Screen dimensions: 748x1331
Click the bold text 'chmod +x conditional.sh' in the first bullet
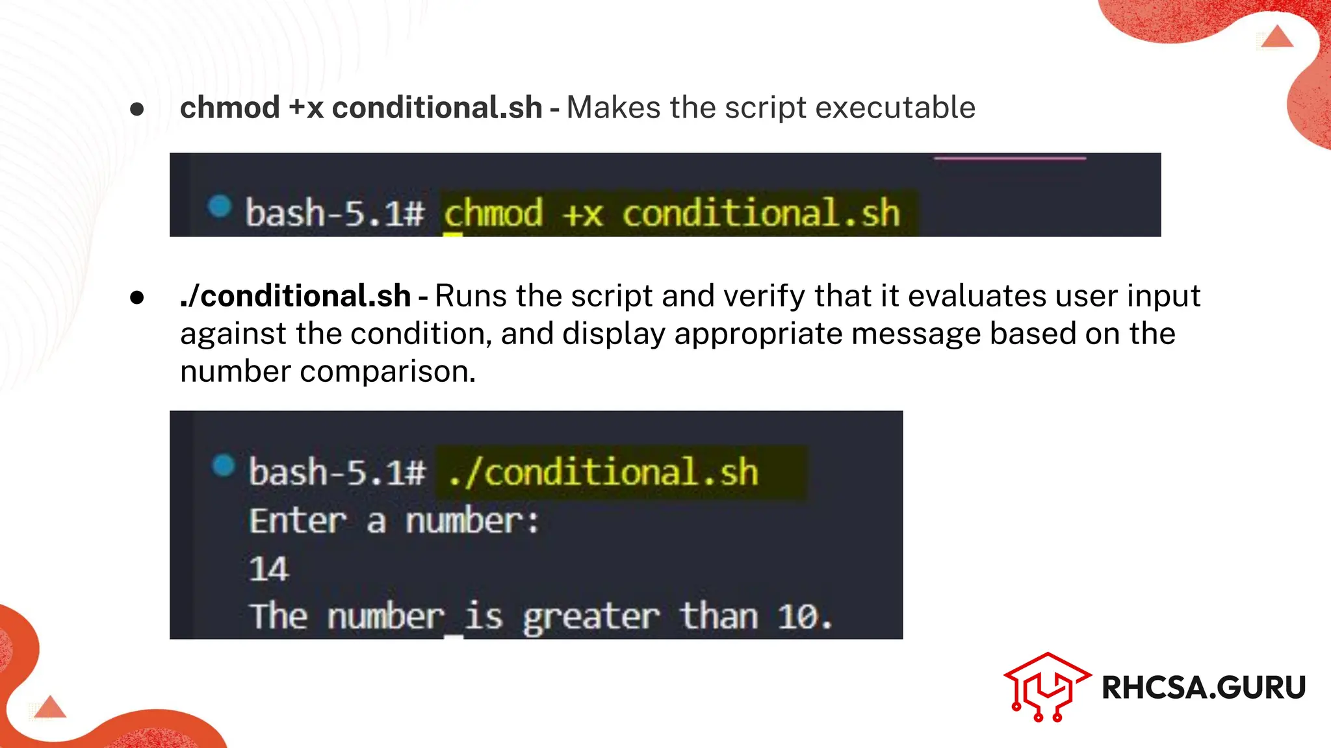tap(361, 108)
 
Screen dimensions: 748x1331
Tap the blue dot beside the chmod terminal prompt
tap(220, 206)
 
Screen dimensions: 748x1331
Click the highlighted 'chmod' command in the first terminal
tap(493, 213)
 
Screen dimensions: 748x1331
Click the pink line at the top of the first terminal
tap(1009, 158)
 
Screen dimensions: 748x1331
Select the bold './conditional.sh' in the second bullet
tap(295, 296)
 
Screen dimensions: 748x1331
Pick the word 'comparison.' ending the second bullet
tap(388, 371)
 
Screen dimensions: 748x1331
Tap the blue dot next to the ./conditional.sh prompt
tap(223, 465)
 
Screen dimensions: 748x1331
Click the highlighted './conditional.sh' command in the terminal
tap(603, 472)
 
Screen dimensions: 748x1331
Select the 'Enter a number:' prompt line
tap(394, 521)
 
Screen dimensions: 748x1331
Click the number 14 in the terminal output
tap(268, 569)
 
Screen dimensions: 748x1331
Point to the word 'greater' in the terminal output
tap(591, 616)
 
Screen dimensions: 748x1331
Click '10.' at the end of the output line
tap(805, 616)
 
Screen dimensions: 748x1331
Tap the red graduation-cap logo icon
tap(1045, 686)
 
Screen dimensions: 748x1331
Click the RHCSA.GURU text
tap(1204, 688)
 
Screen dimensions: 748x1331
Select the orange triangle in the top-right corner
tap(1277, 36)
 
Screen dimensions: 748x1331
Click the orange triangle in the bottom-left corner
tap(50, 707)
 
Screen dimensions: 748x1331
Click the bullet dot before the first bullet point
tap(136, 108)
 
